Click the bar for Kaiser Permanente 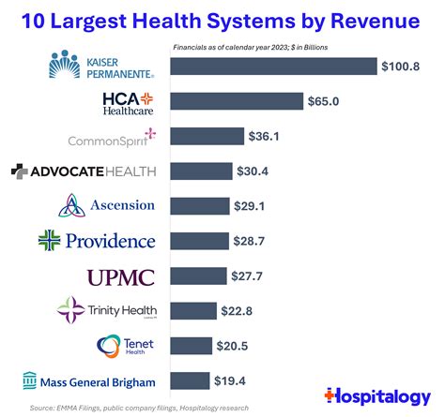pos(272,67)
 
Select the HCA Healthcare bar pos(237,101)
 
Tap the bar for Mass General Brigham pos(190,380)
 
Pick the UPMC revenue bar pos(199,276)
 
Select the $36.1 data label pos(266,137)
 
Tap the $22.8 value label pos(235,310)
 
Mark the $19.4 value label pos(229,380)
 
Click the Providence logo pos(97,241)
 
